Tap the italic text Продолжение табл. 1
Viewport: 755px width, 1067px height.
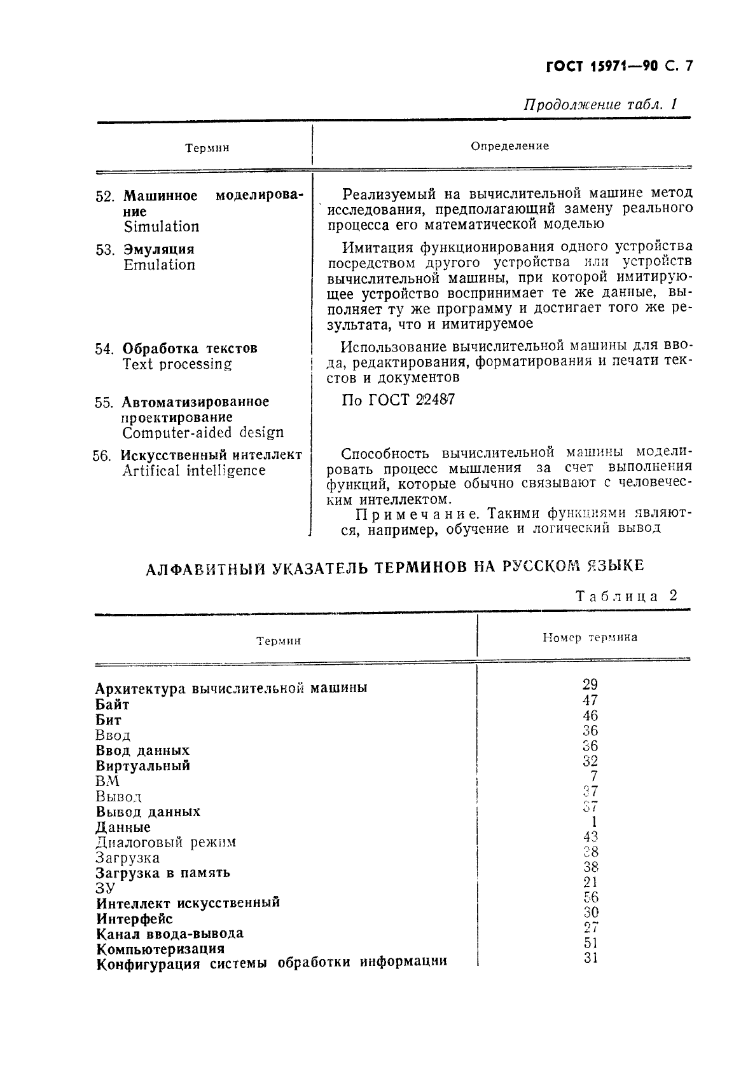600,104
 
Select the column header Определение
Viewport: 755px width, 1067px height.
509,146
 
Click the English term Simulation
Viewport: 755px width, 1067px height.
162,227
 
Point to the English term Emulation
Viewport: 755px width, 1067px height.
159,265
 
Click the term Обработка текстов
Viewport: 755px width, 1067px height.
190,348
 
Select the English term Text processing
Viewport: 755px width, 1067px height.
177,364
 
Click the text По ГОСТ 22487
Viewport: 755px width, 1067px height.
398,400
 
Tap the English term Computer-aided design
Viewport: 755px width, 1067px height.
203,433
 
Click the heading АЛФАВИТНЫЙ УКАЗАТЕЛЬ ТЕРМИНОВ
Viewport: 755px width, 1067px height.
394,566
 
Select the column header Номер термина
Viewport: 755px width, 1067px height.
590,637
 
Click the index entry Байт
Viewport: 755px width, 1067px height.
113,704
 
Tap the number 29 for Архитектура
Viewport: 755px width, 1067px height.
590,684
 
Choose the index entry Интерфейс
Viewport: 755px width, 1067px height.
134,918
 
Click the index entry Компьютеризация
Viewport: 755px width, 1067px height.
160,949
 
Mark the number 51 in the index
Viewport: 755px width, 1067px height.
590,943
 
